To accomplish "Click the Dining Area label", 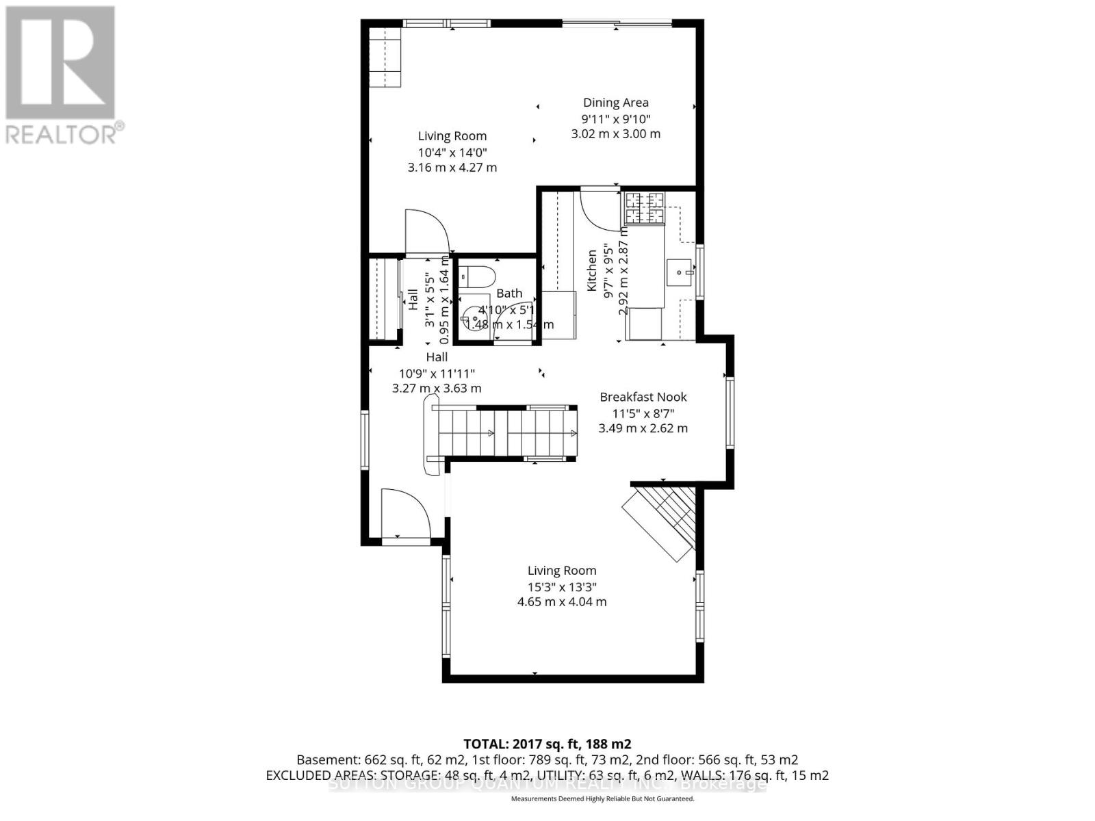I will [x=615, y=103].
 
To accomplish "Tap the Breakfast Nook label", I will [x=643, y=397].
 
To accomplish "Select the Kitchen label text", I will [x=592, y=270].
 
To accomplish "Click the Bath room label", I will [x=509, y=293].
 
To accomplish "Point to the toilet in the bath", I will [x=476, y=276].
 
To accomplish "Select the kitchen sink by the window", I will [x=680, y=273].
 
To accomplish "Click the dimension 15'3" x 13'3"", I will [x=562, y=586].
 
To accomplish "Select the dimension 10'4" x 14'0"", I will [x=452, y=152].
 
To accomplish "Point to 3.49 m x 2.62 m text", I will [x=643, y=428].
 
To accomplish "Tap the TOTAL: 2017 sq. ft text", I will [x=547, y=744].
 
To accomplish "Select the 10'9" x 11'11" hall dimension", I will [x=437, y=373].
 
